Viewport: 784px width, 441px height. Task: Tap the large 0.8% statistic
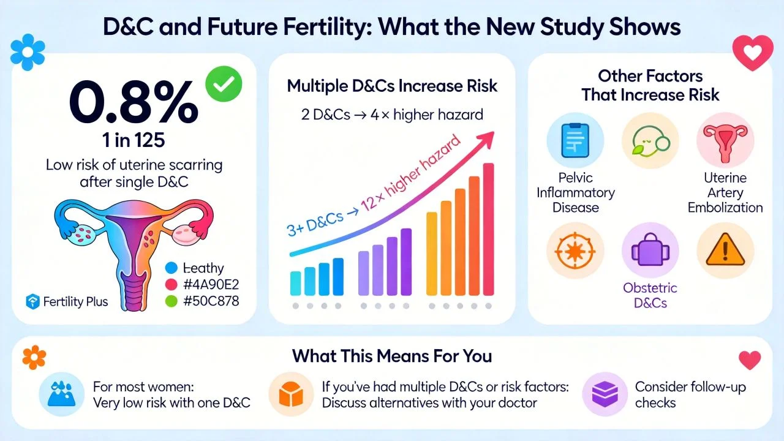point(134,104)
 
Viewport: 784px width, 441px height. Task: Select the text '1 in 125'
point(134,140)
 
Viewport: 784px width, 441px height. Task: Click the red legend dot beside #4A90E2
point(171,284)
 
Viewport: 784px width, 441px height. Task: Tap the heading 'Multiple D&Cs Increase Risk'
point(392,86)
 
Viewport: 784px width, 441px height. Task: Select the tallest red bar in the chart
point(488,230)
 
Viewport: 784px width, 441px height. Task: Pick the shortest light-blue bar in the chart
point(296,284)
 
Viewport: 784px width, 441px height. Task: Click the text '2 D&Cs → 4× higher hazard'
point(392,114)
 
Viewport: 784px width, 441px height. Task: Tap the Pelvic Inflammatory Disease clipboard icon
point(575,141)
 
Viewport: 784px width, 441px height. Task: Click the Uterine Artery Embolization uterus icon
point(725,141)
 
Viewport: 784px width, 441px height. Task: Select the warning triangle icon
point(725,251)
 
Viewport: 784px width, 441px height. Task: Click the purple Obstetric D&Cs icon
point(650,251)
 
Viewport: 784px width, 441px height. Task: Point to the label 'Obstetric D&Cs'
point(650,295)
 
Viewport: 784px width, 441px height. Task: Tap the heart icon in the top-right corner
point(750,53)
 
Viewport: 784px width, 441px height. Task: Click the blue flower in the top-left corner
point(28,53)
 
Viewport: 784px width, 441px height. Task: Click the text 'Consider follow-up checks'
point(690,395)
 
